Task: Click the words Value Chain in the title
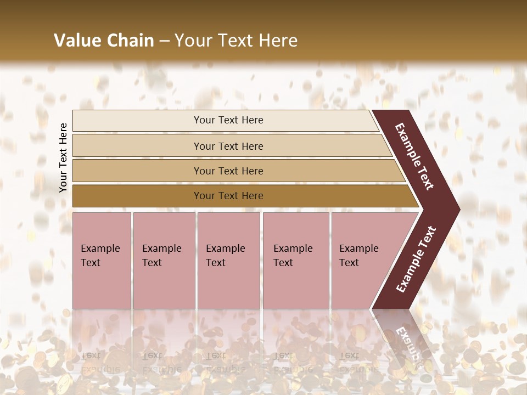104,41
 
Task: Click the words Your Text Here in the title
236,41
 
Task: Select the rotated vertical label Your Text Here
63,157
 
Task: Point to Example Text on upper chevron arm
414,156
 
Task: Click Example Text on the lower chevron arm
416,259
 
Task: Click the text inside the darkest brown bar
228,196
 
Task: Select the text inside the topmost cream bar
228,120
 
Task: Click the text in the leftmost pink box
100,256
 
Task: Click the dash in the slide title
164,41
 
